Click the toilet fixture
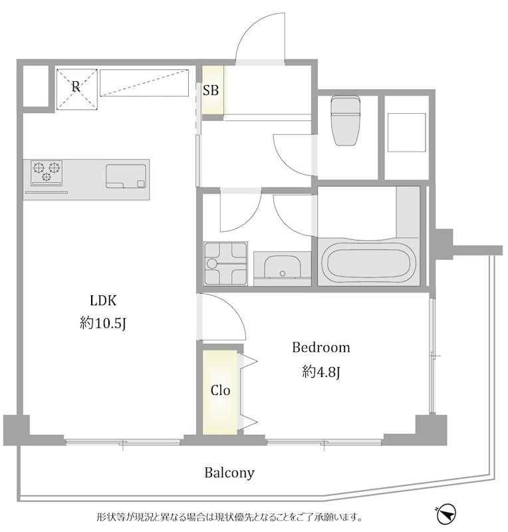point(346,120)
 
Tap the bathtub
point(368,261)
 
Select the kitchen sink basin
point(126,176)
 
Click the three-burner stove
point(47,173)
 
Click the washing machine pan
point(225,263)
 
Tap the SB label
point(211,90)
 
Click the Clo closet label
point(220,390)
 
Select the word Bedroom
point(321,347)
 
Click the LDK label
point(103,301)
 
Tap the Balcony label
point(229,473)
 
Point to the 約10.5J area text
point(103,323)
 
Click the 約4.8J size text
point(321,372)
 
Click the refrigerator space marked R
point(76,89)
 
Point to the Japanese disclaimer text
point(229,518)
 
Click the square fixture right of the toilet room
point(406,132)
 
